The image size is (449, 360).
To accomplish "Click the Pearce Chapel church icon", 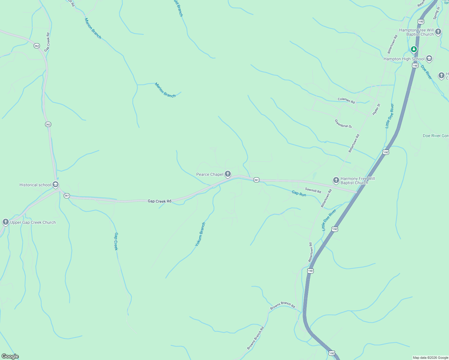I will [x=228, y=174].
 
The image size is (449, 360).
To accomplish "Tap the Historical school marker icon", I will [x=56, y=184].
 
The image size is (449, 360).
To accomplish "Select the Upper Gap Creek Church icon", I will [x=5, y=222].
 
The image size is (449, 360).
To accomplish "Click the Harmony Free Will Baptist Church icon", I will [x=336, y=180].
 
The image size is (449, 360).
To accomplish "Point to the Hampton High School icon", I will [x=429, y=58].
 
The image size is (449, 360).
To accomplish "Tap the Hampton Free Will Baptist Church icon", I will [x=438, y=31].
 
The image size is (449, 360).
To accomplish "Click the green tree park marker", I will [x=414, y=49].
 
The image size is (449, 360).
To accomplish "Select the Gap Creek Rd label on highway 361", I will [x=159, y=201].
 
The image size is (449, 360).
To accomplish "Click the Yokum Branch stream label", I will [x=200, y=234].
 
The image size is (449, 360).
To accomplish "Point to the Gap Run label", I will [x=299, y=194].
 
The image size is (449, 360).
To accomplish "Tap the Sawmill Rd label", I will [x=313, y=190].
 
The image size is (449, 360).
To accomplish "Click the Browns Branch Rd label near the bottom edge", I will [x=255, y=338].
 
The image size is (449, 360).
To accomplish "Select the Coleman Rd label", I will [x=346, y=100].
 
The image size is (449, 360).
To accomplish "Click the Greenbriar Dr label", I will [x=343, y=124].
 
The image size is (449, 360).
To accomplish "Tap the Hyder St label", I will [x=376, y=109].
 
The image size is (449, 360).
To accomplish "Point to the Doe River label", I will [x=426, y=72].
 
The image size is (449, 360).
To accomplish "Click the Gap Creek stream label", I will [x=116, y=241].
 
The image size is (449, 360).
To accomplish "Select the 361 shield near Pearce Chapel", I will [x=256, y=180].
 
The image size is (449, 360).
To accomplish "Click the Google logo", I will [x=10, y=356].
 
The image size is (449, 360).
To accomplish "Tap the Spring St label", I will [x=436, y=13].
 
